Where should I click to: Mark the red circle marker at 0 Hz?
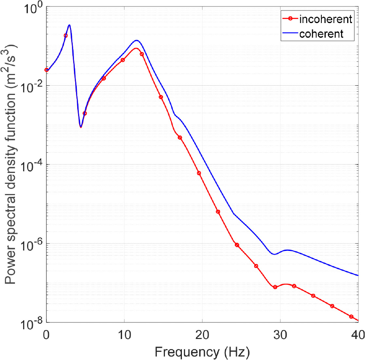46,70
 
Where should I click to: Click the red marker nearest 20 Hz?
199,173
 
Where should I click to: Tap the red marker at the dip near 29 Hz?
275,287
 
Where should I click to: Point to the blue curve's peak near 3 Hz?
70,25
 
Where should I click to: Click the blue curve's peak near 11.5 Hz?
137,40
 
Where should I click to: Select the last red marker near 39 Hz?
351,316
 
